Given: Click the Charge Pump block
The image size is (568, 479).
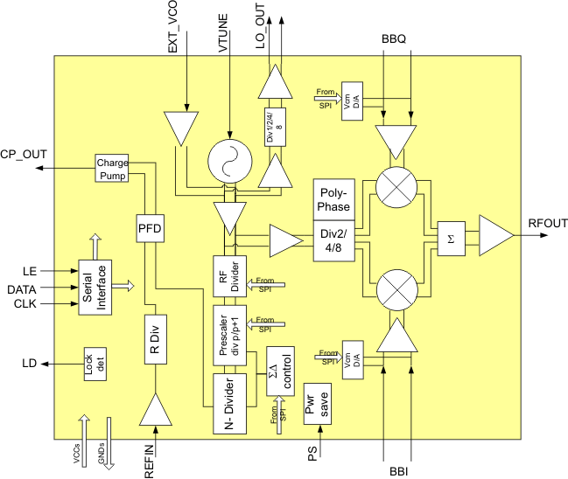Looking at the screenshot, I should tap(112, 169).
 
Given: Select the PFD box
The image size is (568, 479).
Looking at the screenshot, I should tap(151, 230).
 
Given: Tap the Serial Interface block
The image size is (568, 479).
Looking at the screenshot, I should tap(95, 284).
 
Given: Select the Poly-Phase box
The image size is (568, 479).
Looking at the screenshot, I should tap(332, 199).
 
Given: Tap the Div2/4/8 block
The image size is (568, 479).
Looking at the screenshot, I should tap(332, 240).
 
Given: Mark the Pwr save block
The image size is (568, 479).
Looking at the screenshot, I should tap(316, 403).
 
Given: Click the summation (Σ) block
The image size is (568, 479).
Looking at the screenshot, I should tap(452, 239).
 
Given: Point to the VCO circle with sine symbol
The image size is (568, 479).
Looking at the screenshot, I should tap(228, 162).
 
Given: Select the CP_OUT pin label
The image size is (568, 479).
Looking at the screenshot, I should tap(24, 154).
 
